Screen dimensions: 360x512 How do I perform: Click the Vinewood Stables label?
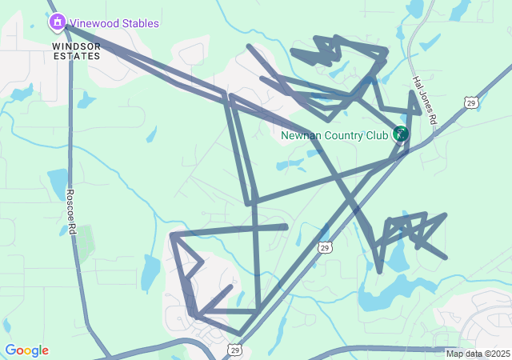click(x=114, y=23)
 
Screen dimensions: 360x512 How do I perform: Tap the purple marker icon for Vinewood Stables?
click(x=57, y=22)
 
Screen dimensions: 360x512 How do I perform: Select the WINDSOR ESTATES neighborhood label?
click(x=77, y=51)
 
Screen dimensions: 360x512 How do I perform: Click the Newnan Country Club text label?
click(x=334, y=135)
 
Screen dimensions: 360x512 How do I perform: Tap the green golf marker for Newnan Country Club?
click(x=401, y=134)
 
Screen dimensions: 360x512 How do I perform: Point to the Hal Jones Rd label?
click(x=424, y=99)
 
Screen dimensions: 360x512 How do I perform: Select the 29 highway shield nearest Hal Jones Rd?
click(x=470, y=102)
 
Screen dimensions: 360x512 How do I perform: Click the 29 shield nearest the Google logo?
click(x=234, y=350)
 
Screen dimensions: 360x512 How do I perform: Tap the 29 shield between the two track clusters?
click(x=324, y=248)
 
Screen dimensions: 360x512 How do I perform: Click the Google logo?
click(x=26, y=350)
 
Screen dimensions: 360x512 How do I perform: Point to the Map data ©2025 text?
click(x=477, y=354)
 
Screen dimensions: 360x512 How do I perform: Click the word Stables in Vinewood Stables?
click(x=139, y=23)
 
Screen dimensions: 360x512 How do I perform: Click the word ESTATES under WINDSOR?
click(x=77, y=56)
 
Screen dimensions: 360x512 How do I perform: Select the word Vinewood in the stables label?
click(x=94, y=23)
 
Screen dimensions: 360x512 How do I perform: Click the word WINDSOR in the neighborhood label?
click(x=77, y=46)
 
